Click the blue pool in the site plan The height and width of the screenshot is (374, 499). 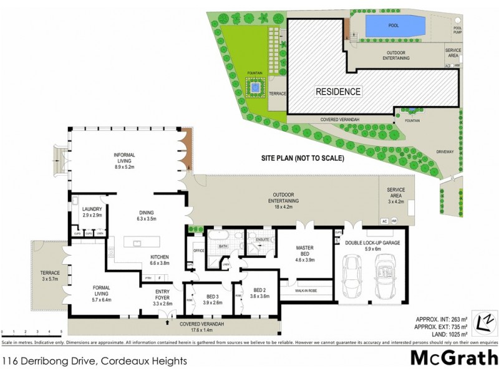[x=394, y=26]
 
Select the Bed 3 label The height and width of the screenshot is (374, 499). [x=213, y=299]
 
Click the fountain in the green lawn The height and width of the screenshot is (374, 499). [x=254, y=89]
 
